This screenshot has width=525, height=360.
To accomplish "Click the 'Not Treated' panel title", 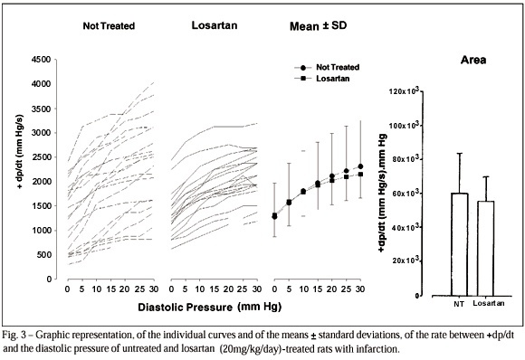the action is pos(109,26).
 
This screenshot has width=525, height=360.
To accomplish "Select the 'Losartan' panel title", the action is pos(215,25).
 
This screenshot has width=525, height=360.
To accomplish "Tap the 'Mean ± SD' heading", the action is pos(318,25).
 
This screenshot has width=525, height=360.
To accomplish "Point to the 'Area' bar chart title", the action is pos(473,60).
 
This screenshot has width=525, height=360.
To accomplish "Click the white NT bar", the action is pos(460,244).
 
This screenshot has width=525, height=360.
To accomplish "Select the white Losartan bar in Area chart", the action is pos(485,249).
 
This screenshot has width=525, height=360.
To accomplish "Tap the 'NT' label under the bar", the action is pos(459,304).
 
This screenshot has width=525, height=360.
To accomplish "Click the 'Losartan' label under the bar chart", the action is pos(489,303).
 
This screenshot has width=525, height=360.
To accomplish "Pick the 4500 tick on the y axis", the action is pos(41,60).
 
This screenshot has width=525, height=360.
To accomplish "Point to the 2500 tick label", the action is pos(41,156).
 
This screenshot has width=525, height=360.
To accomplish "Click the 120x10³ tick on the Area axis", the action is pos(404,91).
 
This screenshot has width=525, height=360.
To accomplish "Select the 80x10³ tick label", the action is pos(406,159).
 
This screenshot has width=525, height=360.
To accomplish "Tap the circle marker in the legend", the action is pos(303,68).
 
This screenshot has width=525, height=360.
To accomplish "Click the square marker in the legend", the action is pos(303,79).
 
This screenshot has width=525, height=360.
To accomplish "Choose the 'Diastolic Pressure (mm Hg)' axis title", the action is pos(210,307).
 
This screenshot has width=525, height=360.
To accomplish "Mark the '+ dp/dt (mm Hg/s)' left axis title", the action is pos(21,152).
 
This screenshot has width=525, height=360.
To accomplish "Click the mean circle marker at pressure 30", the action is pos(360,166).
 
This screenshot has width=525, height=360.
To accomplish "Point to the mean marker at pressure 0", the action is pos(274,216).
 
